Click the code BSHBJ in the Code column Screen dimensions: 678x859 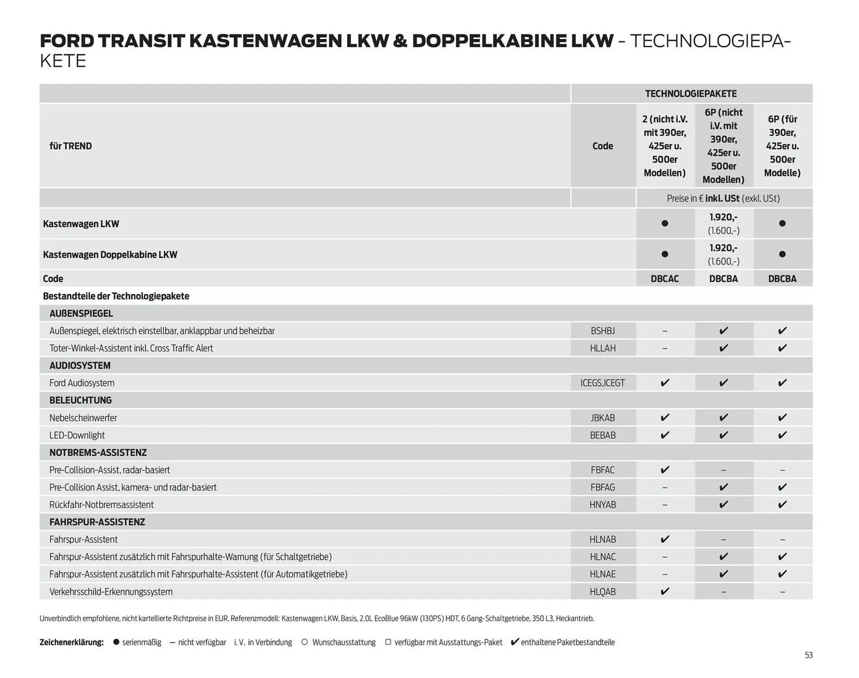tap(603, 331)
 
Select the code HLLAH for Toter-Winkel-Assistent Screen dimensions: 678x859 tap(603, 348)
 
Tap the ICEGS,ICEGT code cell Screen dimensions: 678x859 tap(603, 383)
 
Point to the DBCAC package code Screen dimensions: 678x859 tap(664, 279)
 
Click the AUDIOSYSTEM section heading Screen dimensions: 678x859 tap(80, 365)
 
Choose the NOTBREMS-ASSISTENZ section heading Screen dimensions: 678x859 tap(98, 452)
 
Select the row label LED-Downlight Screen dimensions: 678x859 tap(77, 435)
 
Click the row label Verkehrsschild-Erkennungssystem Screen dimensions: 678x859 tap(111, 592)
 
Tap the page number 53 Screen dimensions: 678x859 tap(808, 655)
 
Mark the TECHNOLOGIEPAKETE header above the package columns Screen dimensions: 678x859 tap(691, 94)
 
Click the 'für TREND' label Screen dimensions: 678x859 tap(71, 146)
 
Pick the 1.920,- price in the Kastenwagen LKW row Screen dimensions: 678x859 tap(723, 217)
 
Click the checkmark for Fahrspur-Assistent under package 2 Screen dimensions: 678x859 tap(665, 539)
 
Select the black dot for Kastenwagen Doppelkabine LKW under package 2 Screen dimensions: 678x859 tap(665, 254)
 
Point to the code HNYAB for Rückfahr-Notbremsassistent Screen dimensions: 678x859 tap(603, 505)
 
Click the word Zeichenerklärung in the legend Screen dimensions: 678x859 tap(72, 642)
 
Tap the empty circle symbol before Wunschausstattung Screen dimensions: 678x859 tap(305, 642)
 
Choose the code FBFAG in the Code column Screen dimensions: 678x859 tap(603, 487)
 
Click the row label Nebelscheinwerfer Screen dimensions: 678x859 tap(83, 418)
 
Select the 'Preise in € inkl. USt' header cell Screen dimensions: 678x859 tap(723, 198)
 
